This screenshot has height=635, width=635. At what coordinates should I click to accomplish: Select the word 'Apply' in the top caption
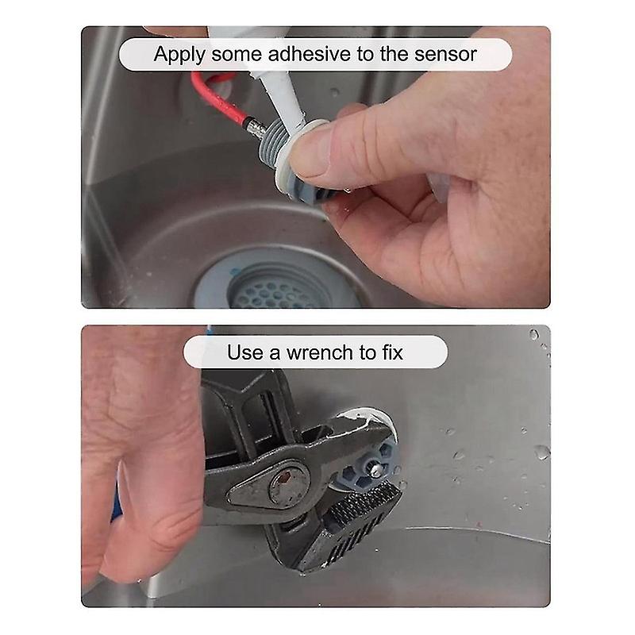pyautogui.click(x=179, y=55)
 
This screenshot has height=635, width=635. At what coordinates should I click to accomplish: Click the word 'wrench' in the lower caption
pyautogui.click(x=320, y=352)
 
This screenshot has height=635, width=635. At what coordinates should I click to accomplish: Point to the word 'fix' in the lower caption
pyautogui.click(x=392, y=352)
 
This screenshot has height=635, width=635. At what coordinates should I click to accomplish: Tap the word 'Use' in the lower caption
pyautogui.click(x=242, y=352)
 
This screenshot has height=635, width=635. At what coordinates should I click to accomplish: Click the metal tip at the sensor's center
pyautogui.click(x=376, y=470)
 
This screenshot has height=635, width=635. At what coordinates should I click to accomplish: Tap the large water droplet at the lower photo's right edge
pyautogui.click(x=542, y=452)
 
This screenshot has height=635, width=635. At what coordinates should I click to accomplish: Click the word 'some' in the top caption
pyautogui.click(x=237, y=55)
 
